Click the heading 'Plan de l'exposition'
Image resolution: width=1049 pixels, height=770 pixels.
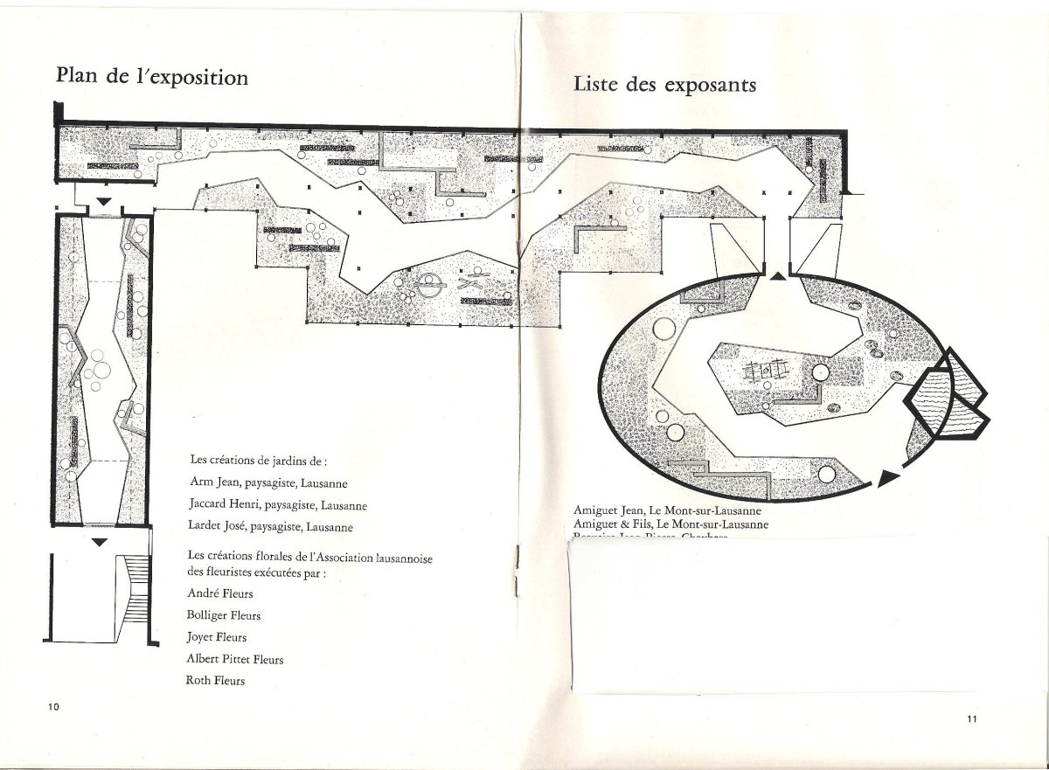point(152,77)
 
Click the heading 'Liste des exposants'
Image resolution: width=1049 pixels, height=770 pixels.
point(664,85)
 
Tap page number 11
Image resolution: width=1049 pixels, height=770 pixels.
point(972,719)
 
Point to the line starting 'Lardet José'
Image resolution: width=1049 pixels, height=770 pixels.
point(271,527)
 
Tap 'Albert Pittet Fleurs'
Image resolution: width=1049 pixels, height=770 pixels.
point(235,659)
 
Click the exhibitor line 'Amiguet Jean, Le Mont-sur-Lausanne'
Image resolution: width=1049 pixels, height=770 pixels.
point(668,510)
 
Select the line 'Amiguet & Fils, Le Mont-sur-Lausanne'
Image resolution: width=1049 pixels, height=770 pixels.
point(671,524)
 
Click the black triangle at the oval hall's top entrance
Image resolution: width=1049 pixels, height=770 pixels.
point(778,276)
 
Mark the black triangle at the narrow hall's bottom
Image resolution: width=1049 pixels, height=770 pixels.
point(100,543)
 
